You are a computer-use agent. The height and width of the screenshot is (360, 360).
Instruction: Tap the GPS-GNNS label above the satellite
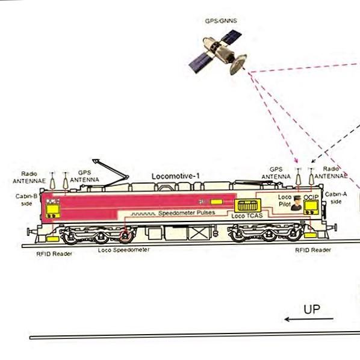coord(221,21)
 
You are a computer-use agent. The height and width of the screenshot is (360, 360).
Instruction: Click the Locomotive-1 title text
coord(176,176)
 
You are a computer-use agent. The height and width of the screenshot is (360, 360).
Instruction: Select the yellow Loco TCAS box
coord(247,205)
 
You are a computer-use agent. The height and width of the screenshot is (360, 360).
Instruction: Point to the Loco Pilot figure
coord(296,203)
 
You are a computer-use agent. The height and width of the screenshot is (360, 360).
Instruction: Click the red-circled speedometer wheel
coord(125,236)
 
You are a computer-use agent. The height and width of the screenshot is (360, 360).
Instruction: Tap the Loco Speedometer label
coord(124,250)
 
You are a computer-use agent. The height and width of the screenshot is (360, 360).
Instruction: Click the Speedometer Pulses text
coord(187,213)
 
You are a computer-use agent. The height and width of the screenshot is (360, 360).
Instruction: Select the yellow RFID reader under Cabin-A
coord(311,235)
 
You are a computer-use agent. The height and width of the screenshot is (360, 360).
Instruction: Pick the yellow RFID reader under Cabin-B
coord(53,239)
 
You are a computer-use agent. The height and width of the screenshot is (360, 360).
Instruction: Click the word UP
coord(312,309)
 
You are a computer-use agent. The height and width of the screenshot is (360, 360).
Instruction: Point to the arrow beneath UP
coord(309,319)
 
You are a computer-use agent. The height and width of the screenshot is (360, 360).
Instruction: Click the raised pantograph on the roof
coord(110,172)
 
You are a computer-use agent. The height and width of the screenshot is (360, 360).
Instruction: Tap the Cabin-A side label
coord(336,198)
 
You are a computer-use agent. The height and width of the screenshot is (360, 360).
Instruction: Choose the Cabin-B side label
coord(26,200)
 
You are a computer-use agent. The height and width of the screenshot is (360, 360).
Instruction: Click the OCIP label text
coord(311,197)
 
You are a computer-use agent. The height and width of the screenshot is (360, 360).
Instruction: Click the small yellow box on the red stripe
coord(217,202)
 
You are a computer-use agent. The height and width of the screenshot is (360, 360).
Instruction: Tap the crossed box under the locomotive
coord(198,233)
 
